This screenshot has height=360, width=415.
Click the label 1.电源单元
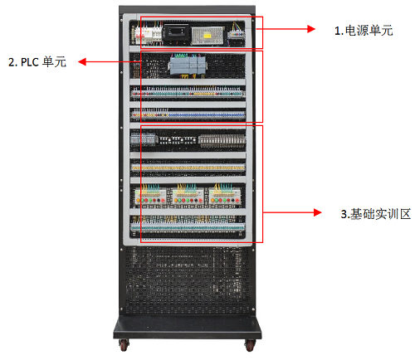364,31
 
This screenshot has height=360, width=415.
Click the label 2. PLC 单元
37,61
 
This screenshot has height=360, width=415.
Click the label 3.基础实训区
376,214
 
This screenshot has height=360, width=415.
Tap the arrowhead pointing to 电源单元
311,29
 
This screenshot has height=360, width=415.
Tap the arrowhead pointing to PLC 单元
82,61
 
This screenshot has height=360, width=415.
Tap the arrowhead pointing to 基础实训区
318,212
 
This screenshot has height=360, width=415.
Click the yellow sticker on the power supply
207,36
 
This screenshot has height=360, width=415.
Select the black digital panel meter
176,33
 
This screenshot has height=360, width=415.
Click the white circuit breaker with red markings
148,35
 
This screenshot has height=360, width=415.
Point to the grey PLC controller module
188,66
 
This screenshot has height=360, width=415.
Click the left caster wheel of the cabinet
124,345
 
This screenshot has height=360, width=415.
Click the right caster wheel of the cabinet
250,345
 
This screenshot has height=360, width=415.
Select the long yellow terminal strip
188,168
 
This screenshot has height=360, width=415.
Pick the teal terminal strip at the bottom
188,227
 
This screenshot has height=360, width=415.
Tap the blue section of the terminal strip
207,114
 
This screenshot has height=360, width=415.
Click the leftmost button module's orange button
139,200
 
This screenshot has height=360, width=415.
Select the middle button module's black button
195,200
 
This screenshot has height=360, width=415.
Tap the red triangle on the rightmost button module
237,200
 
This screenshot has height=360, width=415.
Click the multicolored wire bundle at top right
236,27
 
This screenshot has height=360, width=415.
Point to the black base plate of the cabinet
188,328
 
